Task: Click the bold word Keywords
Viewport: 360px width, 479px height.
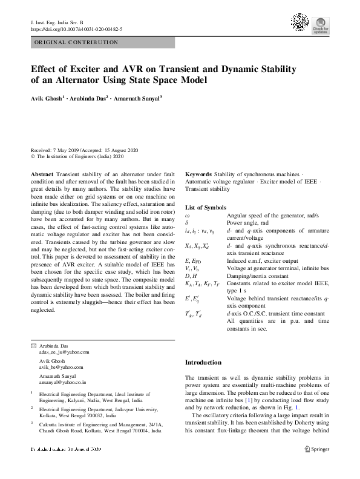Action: (x=198, y=174)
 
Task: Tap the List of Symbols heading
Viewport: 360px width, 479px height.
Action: (x=205, y=208)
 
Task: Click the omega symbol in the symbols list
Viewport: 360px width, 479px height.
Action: (x=187, y=215)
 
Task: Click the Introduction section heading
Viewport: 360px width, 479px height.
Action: (x=203, y=362)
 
